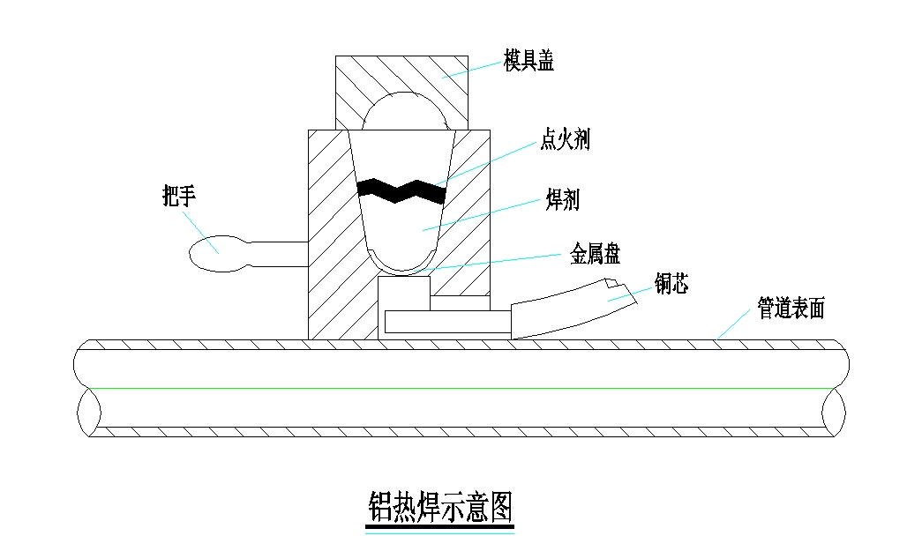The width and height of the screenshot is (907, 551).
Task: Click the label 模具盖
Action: point(528,61)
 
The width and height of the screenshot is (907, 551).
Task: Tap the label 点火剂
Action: point(565,139)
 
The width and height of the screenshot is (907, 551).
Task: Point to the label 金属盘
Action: point(595,256)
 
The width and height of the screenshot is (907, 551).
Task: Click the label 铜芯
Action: point(671,284)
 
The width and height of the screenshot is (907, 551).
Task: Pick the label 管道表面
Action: point(791,309)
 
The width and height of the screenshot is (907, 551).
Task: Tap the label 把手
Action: point(178,196)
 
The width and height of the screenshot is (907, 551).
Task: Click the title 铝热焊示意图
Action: point(439,506)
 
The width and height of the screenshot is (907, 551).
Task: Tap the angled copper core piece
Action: point(573,309)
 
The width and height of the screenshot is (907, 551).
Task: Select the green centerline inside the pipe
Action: point(459,388)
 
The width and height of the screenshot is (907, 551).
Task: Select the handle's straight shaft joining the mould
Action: point(277,254)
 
